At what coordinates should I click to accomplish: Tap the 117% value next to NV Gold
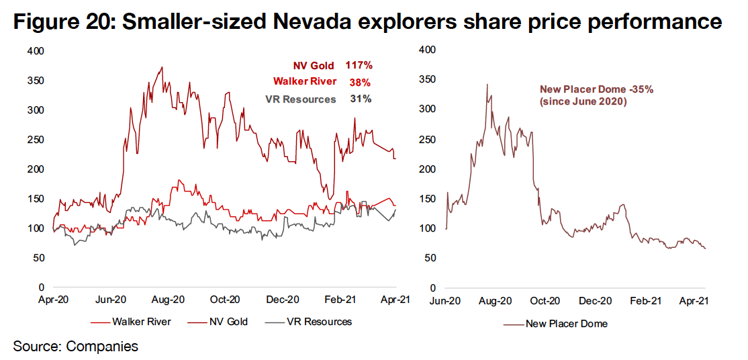tap(359, 66)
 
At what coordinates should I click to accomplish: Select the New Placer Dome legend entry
tap(567, 324)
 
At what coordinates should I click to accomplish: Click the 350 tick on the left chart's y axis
tap(38, 81)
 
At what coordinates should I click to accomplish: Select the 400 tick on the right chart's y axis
tap(427, 50)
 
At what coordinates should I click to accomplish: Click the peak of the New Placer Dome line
tap(487, 84)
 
